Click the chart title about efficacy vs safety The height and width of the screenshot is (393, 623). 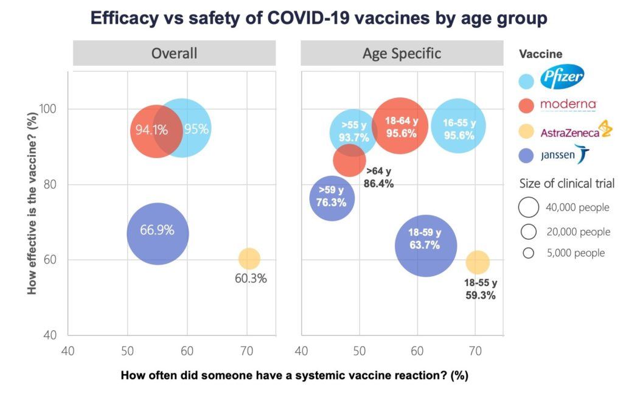click(x=318, y=18)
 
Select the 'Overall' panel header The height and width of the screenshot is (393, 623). click(x=174, y=54)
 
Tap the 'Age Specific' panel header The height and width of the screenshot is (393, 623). click(x=402, y=54)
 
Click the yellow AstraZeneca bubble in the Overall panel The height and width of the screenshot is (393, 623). click(x=248, y=259)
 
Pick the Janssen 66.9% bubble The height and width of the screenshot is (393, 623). click(x=158, y=234)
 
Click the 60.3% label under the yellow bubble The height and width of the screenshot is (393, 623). click(x=251, y=279)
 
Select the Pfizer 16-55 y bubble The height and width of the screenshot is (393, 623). click(x=458, y=126)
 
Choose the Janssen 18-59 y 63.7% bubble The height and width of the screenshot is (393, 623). click(x=425, y=246)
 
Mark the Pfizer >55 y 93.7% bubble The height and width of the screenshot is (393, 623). click(x=353, y=132)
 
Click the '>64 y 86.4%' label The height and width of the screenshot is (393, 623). click(x=378, y=177)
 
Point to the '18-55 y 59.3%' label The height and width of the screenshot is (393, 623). click(x=481, y=290)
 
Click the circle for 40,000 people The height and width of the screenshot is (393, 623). click(x=529, y=207)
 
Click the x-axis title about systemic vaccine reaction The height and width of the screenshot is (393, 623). click(x=294, y=375)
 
